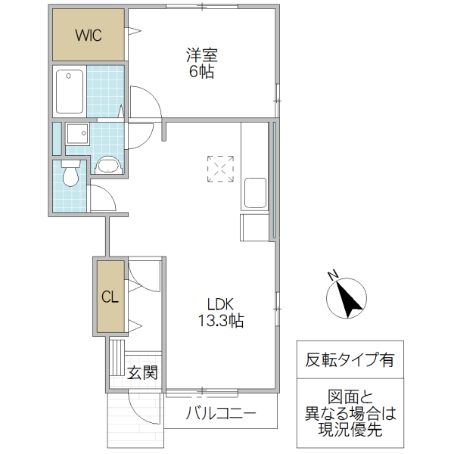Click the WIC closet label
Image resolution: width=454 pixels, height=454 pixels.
click(x=88, y=35)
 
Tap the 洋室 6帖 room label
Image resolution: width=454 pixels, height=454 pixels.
click(x=201, y=64)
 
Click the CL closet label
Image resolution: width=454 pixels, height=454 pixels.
click(x=110, y=297)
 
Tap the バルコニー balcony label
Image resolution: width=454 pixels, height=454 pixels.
click(x=220, y=414)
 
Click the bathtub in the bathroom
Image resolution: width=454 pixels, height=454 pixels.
click(x=70, y=91)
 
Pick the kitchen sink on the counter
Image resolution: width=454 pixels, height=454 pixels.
click(x=254, y=194)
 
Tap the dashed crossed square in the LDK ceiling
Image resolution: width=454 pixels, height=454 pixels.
click(x=220, y=169)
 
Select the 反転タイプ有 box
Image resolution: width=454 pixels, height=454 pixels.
click(x=350, y=360)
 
